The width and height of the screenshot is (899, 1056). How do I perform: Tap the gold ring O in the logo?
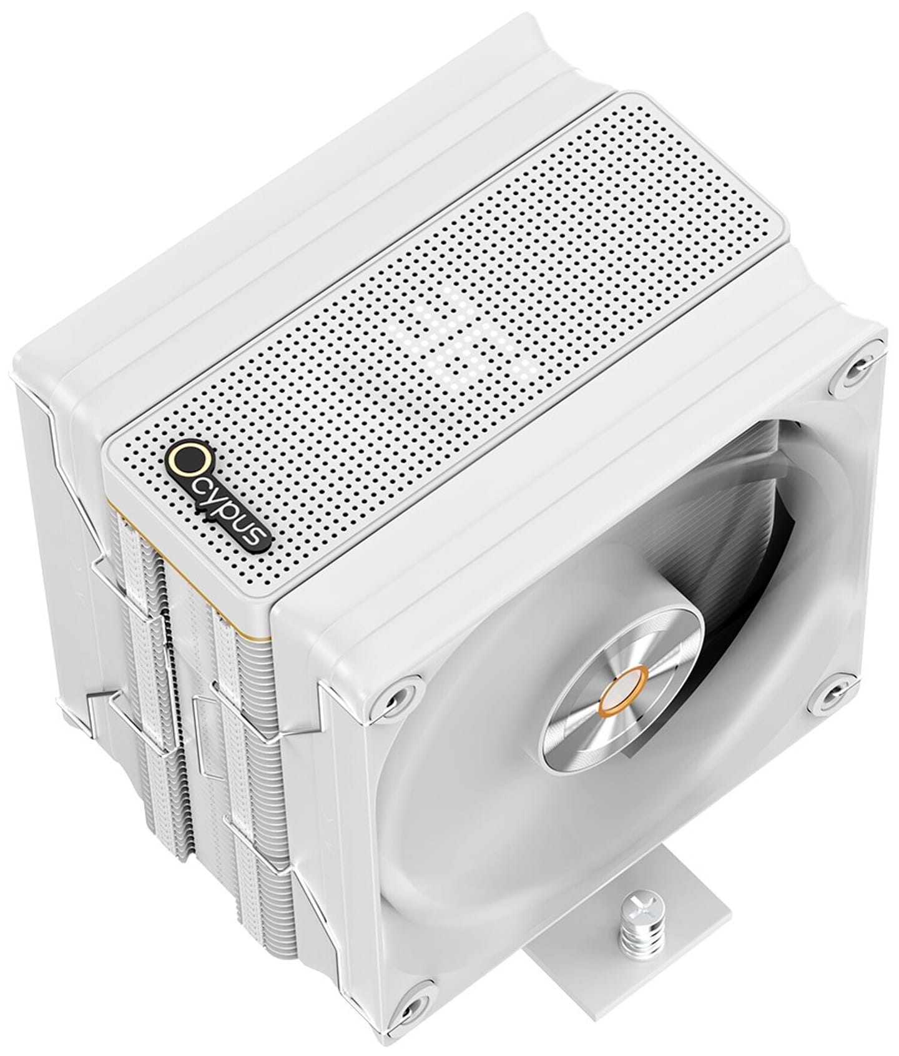pyautogui.click(x=185, y=460)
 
